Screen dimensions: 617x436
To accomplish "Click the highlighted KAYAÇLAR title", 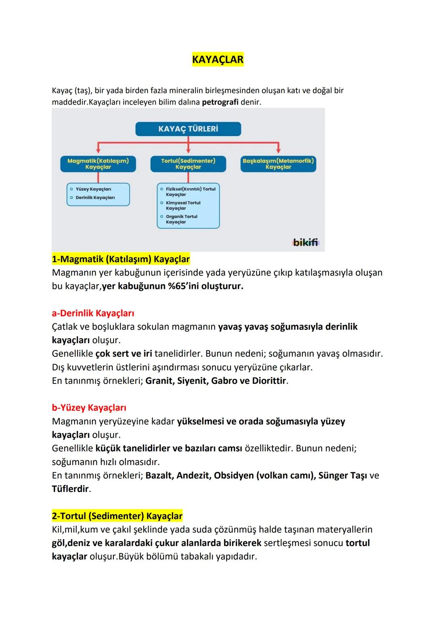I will (218, 60).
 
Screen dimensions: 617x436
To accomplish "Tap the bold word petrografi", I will (220, 102).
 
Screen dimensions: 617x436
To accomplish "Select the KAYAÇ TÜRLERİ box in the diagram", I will (188, 129).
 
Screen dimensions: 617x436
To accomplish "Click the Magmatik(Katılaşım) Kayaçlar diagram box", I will (98, 164).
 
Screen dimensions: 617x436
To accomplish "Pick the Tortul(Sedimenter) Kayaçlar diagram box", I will (188, 164).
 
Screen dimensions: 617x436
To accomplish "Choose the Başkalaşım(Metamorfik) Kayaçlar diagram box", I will (278, 164).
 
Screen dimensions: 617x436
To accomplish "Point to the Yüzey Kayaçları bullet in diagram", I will (93, 189).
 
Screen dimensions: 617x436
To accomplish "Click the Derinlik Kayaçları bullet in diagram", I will (95, 198).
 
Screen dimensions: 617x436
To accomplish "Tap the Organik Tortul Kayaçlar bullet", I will (181, 219).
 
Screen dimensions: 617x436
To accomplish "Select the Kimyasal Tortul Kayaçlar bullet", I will (183, 206).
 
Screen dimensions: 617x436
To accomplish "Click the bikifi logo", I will (306, 242).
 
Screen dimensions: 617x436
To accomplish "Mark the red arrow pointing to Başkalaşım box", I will (278, 148).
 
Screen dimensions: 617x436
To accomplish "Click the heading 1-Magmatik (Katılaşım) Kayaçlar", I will (121, 259).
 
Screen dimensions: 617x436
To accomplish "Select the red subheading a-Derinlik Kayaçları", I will (93, 313).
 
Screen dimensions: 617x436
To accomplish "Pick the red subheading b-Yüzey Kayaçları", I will (89, 408).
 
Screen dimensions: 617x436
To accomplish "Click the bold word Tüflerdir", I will (70, 489).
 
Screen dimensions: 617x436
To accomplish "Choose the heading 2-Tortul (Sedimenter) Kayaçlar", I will (117, 516).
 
